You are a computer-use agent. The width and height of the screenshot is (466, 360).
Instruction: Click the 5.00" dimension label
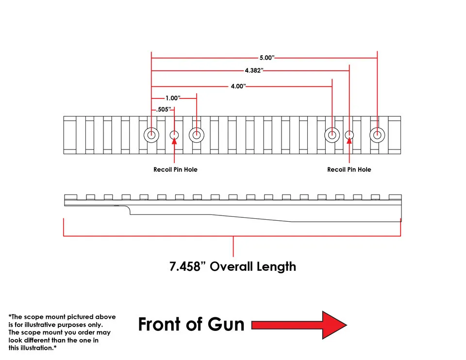coord(267,58)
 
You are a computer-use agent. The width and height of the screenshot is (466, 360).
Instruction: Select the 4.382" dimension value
coord(254,70)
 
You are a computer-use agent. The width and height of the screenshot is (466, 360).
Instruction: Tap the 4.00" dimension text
coord(238,86)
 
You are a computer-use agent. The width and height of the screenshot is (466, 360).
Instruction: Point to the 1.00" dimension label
coord(173,98)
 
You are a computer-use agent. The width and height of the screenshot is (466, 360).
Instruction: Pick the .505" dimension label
coord(164,109)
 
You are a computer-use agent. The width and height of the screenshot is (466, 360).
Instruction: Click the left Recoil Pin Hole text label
coord(175,170)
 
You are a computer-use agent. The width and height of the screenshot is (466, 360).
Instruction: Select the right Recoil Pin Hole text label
coord(349,170)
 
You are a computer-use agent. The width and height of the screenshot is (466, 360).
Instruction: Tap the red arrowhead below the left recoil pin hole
coord(174,141)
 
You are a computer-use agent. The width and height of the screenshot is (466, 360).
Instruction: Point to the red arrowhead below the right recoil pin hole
coord(349,141)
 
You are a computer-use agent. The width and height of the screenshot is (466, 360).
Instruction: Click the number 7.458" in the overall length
coord(187,266)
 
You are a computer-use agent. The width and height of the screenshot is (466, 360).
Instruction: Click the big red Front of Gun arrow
coord(299,325)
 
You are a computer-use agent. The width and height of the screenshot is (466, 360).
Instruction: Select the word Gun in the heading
coord(226,324)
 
